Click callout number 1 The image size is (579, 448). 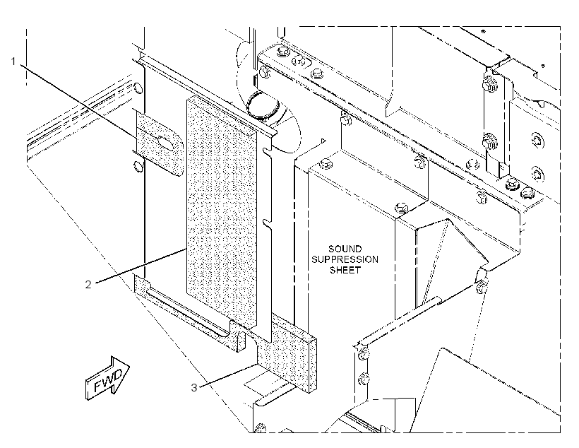pyautogui.click(x=13, y=61)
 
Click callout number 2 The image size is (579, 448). pyautogui.click(x=88, y=284)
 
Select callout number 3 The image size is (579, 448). pyautogui.click(x=194, y=387)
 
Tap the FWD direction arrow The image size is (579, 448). pyautogui.click(x=107, y=378)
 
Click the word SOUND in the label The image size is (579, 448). pyautogui.click(x=345, y=249)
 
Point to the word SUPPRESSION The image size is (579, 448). pyautogui.click(x=345, y=259)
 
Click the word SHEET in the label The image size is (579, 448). pyautogui.click(x=345, y=270)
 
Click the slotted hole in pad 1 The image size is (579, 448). pyautogui.click(x=165, y=143)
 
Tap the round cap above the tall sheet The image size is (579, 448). pyautogui.click(x=263, y=106)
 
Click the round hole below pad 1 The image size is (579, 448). pyautogui.click(x=137, y=166)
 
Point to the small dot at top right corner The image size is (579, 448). pyautogui.click(x=542, y=66)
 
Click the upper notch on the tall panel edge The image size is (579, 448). pyautogui.click(x=268, y=151)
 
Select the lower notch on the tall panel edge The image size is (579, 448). pyautogui.click(x=268, y=223)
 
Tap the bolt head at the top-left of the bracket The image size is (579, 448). pyautogui.click(x=282, y=51)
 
